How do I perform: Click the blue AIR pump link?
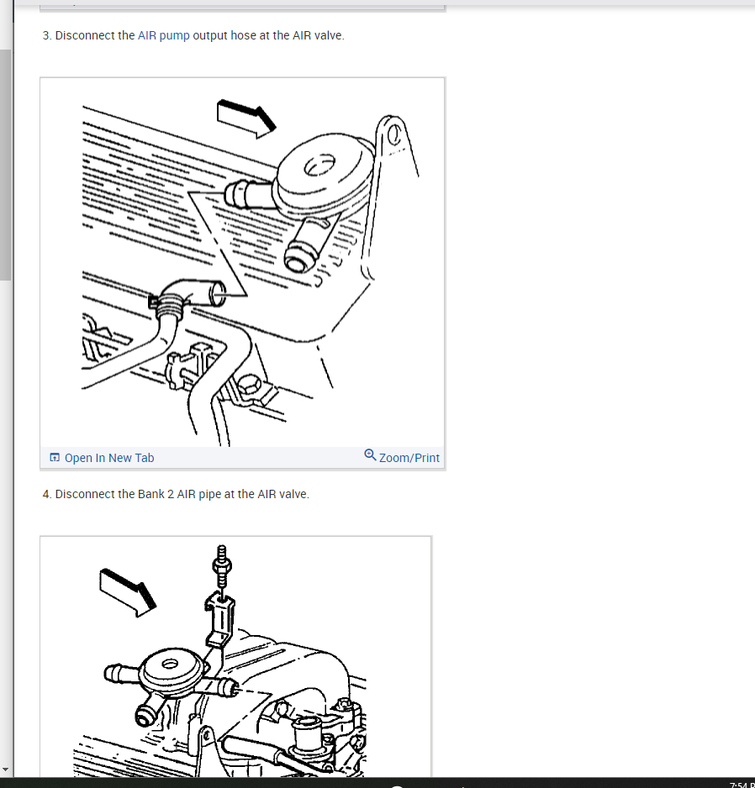[163, 35]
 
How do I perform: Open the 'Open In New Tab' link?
[109, 458]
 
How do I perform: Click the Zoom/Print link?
[409, 458]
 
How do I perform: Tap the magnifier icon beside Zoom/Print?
[370, 454]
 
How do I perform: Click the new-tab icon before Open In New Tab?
[55, 457]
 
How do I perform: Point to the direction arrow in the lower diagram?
[128, 592]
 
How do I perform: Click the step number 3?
[46, 35]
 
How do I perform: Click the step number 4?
[46, 495]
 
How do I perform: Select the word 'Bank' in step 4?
[150, 495]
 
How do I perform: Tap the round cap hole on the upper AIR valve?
[319, 165]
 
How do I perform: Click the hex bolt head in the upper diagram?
[248, 385]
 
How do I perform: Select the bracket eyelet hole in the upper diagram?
[393, 134]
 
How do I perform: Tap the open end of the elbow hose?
[219, 293]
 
